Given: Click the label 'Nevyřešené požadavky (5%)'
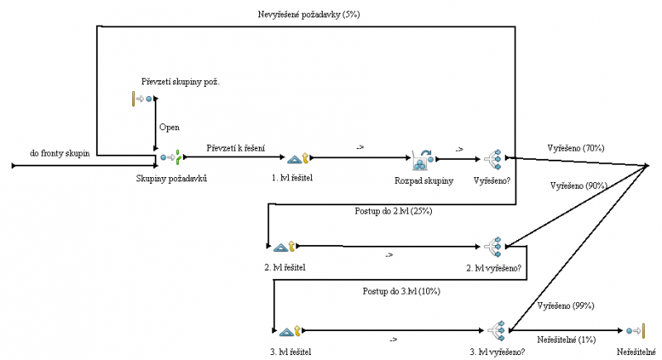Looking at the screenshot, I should pos(309,15).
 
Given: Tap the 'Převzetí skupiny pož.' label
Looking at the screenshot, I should pos(181,81).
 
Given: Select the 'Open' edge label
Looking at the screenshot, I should pos(169,127).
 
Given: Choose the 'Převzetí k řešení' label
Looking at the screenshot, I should pos(236,148).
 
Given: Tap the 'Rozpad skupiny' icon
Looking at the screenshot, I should pos(424,158).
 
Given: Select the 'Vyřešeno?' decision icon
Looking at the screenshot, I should pos(494,158).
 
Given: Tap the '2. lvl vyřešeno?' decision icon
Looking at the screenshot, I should pos(495,246).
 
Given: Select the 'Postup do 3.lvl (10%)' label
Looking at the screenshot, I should pos(401,291).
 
